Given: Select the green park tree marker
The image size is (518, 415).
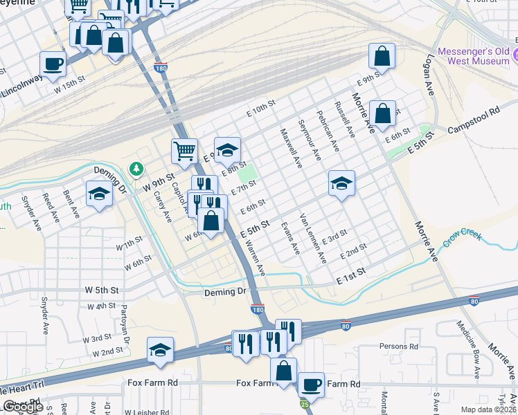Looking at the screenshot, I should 136,169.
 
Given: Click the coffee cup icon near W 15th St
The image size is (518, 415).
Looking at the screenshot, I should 53,64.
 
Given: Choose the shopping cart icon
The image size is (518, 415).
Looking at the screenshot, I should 184,150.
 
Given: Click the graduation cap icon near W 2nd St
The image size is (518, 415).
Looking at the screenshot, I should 160,350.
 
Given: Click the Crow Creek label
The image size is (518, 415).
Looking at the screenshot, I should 463,237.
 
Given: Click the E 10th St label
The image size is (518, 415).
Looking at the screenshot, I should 260,108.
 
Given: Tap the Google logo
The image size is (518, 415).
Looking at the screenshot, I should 23,407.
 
